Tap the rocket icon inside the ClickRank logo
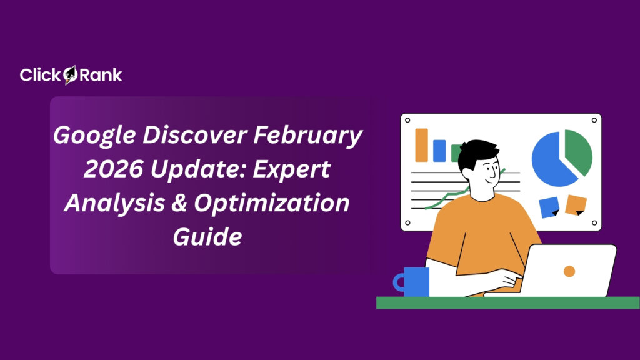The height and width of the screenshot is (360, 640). (70, 75)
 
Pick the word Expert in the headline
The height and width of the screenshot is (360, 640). (294, 169)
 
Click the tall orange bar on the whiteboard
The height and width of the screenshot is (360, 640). (422, 145)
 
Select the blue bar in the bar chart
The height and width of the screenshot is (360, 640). (439, 151)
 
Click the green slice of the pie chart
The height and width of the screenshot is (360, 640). (578, 151)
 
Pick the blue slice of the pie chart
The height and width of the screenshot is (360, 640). (552, 160)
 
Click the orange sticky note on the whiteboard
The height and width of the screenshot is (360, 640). (576, 204)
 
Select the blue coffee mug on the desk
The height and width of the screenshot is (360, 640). (415, 281)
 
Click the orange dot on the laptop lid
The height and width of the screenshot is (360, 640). (569, 271)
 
